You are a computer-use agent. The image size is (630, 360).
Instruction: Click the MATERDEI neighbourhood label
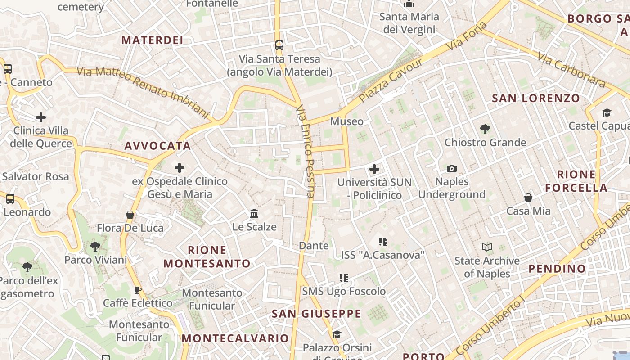click(152, 40)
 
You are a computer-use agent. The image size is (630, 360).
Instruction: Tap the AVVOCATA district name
click(158, 146)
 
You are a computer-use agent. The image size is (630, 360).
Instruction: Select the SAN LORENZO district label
click(536, 99)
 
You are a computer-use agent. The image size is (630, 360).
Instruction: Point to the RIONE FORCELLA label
click(576, 181)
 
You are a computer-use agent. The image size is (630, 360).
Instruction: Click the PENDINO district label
click(557, 269)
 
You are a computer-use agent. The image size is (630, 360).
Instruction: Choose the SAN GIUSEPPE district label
click(316, 314)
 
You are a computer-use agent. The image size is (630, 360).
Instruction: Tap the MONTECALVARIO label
click(235, 338)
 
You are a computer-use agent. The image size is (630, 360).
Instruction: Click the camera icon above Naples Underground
click(452, 168)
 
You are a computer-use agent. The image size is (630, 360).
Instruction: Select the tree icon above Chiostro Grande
click(485, 129)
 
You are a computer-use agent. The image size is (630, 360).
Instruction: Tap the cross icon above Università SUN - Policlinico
click(374, 169)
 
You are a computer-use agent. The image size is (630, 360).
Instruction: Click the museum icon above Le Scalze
click(254, 213)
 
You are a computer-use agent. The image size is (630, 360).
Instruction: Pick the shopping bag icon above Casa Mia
click(528, 198)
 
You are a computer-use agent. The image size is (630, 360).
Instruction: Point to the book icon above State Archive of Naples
click(486, 247)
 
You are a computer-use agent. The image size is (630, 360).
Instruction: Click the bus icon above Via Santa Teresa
click(279, 45)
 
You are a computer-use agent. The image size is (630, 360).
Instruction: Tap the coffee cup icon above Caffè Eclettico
click(138, 290)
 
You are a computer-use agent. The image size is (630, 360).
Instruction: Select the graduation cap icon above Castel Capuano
click(607, 112)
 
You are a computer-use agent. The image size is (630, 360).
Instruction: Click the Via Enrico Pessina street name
click(305, 151)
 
